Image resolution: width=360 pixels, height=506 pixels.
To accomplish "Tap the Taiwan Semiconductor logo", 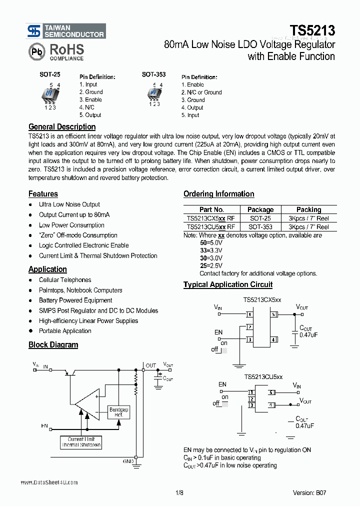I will [66, 31].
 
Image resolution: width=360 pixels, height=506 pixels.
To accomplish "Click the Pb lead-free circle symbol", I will [36, 51].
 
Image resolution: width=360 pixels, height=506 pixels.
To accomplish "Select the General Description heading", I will [62, 126].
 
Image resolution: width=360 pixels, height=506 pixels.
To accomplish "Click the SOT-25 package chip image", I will [50, 94].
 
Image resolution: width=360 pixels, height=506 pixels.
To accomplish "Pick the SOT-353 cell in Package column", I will [260, 227].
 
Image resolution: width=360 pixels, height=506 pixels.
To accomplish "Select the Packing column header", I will [308, 209].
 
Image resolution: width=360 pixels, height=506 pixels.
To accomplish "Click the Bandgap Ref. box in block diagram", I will [118, 412].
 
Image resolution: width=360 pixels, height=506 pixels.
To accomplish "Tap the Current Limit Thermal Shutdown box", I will [81, 441].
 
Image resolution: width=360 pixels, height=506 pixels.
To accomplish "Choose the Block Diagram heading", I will [53, 344].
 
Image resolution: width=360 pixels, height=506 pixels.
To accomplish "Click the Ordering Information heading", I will [218, 194].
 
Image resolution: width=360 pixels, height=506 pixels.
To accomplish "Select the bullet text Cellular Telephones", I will [65, 280].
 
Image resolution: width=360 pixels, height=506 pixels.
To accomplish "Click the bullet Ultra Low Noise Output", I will [69, 204].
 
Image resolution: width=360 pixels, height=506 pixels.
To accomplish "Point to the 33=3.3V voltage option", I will [211, 249].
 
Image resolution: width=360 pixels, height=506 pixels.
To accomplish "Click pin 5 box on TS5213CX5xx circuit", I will [274, 315].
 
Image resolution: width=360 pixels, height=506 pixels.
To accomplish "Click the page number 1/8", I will [180, 492].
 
